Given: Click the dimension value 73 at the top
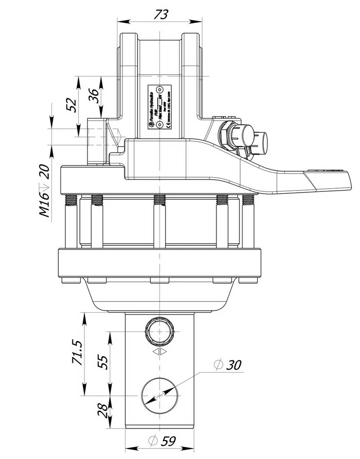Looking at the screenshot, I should click(x=160, y=14).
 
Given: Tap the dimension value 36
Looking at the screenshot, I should click(x=94, y=96).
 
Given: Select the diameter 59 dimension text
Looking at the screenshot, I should click(x=163, y=441).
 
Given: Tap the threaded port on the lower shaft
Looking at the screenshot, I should click(x=160, y=330).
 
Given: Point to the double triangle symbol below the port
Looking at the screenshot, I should click(x=160, y=352).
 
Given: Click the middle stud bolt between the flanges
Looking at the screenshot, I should click(x=160, y=220).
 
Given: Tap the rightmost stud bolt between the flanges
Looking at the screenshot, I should click(x=248, y=220).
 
